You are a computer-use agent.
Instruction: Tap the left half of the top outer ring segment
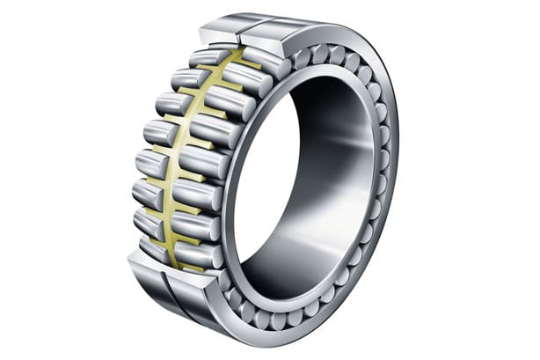pyautogui.click(x=220, y=28)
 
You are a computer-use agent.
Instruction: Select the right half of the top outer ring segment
pyautogui.click(x=268, y=33)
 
